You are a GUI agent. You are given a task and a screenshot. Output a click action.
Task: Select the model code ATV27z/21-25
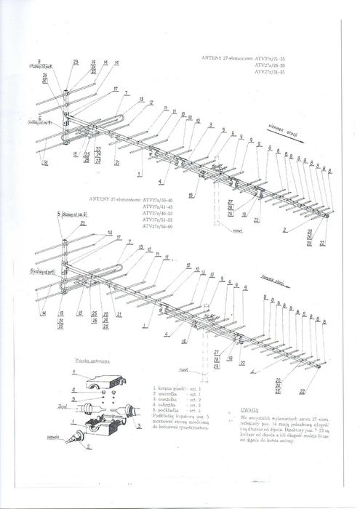(273, 56)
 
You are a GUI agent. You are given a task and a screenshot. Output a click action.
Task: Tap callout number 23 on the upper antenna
(76, 63)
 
